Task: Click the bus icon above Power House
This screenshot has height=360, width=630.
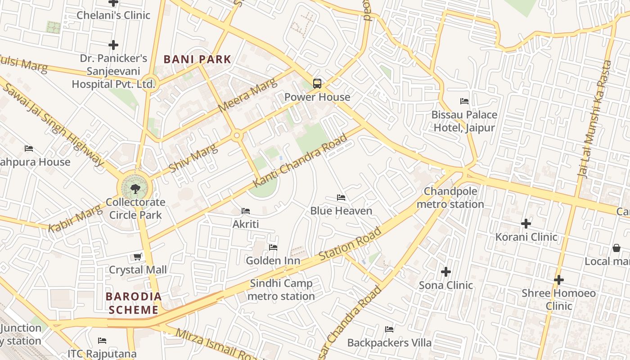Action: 317,83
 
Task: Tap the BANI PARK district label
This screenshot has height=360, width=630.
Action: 197,59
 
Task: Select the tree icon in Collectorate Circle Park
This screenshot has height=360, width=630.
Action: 135,188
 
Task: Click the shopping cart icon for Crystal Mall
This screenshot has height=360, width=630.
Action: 138,256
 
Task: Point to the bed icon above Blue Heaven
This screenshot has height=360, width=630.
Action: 341,198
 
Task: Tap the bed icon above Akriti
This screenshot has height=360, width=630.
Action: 246,211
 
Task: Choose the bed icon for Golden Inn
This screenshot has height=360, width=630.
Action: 273,247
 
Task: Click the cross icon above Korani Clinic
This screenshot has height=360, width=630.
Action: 526,223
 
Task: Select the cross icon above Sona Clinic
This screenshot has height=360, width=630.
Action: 446,272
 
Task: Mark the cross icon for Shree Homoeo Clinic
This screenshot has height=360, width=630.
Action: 558,280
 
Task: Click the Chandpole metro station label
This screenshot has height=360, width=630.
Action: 450,198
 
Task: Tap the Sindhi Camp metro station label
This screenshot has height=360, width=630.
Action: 281,290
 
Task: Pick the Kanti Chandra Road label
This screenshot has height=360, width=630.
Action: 300,160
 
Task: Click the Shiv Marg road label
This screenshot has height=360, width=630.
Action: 193,155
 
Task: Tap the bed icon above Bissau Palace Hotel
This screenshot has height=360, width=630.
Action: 464,101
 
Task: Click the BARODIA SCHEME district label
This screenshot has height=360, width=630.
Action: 133,303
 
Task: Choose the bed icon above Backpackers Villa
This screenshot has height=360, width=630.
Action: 389,329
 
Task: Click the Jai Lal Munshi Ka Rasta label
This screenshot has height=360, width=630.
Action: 594,119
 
